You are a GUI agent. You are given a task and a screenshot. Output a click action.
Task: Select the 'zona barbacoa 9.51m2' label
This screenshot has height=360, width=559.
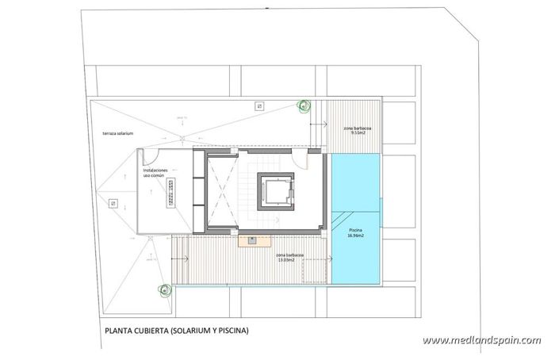[x=354, y=130]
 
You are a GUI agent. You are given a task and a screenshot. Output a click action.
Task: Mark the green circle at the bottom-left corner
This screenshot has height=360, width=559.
[x=165, y=290]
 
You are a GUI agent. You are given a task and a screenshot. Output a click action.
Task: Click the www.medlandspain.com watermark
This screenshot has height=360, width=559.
[x=482, y=340]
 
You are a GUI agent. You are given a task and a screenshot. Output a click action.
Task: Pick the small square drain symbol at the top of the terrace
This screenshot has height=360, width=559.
[x=258, y=106]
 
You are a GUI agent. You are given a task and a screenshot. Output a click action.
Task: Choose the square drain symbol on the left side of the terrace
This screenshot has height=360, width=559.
[x=114, y=204]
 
